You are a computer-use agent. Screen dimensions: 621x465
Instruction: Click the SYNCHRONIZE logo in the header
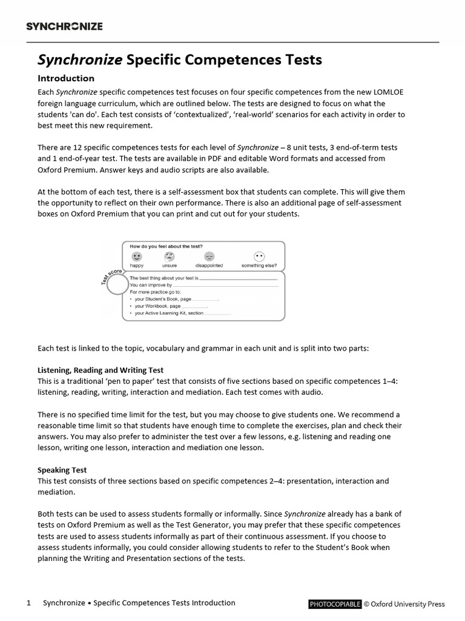point(64,26)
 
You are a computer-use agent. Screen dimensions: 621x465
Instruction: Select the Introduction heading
point(66,78)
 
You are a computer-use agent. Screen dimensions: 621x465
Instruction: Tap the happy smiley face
point(136,257)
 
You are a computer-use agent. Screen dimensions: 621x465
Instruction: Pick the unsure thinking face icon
point(170,257)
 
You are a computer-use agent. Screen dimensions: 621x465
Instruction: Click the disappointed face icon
point(209,257)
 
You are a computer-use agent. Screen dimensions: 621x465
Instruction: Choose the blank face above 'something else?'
point(259,257)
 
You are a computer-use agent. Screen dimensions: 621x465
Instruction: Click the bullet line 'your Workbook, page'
point(157,306)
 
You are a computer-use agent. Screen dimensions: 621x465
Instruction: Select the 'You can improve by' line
point(151,284)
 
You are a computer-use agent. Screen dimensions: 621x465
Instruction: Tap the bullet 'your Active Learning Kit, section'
point(169,314)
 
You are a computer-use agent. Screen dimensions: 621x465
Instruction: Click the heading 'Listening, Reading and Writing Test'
point(101,370)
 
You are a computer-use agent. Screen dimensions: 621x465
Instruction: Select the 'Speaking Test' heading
point(62,470)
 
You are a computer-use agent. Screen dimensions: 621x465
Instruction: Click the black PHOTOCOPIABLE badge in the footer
point(335,604)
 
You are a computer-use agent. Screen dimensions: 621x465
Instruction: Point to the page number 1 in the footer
point(28,603)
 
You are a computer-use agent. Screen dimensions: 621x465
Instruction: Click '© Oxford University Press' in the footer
point(404,604)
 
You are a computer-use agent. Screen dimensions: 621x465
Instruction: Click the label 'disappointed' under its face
point(209,266)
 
